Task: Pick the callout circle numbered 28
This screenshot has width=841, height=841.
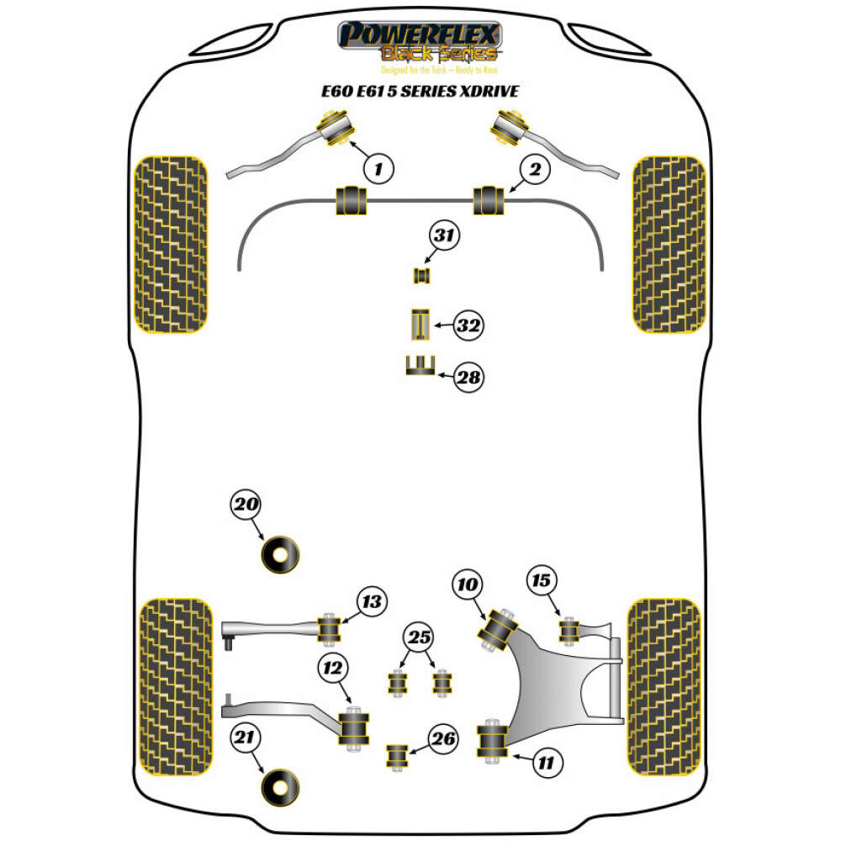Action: point(469,377)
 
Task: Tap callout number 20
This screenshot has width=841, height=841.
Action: point(246,505)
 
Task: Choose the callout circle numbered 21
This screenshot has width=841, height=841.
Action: point(246,739)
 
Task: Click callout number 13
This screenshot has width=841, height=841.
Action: point(371,601)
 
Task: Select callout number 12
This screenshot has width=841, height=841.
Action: point(333,669)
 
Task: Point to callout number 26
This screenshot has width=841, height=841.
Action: point(444,739)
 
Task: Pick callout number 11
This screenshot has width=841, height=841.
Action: point(546,764)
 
